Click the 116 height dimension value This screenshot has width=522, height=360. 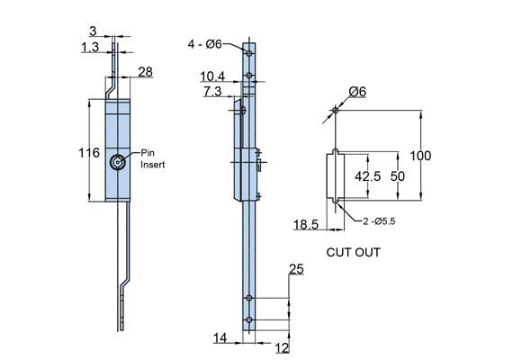coord(89,153)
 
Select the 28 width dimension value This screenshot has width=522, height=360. coord(145,72)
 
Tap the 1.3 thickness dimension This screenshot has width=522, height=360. coord(90,47)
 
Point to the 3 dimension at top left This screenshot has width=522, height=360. coord(93,31)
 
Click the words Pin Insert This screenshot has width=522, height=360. coord(152,158)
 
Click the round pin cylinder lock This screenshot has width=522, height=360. coord(118,163)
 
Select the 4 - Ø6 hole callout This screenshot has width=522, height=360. coord(204,44)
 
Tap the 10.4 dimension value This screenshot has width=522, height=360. coord(212,76)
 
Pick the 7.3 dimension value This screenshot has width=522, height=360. coord(212,91)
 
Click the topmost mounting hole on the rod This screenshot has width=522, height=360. coord(249,52)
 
